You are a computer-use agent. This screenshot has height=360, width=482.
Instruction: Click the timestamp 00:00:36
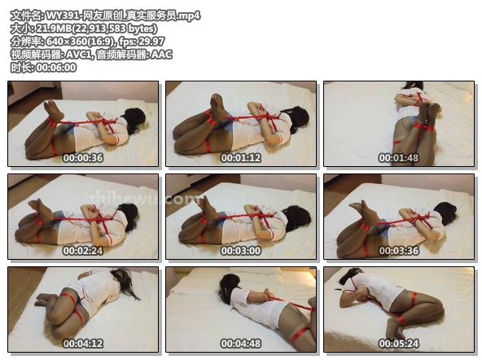pyautogui.click(x=83, y=158)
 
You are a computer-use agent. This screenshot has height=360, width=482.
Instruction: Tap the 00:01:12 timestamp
pyautogui.click(x=241, y=158)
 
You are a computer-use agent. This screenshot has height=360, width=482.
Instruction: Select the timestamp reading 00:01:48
pyautogui.click(x=399, y=158)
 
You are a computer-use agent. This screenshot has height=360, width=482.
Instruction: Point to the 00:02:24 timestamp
pyautogui.click(x=83, y=251)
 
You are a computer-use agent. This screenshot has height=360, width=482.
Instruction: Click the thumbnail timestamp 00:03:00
pyautogui.click(x=241, y=251)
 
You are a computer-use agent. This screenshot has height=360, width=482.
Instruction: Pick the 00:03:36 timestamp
pyautogui.click(x=399, y=251)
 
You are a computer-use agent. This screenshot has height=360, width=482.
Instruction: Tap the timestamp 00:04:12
pyautogui.click(x=83, y=344)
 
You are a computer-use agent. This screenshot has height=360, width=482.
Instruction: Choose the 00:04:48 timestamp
pyautogui.click(x=241, y=344)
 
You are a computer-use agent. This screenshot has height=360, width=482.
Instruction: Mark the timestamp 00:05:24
pyautogui.click(x=399, y=344)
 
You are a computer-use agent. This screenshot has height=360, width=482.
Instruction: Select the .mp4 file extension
pyautogui.click(x=190, y=15)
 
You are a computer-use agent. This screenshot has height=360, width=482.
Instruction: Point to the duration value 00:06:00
pyautogui.click(x=56, y=68)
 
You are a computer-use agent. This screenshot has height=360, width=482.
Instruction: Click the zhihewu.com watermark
pyautogui.click(x=143, y=198)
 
